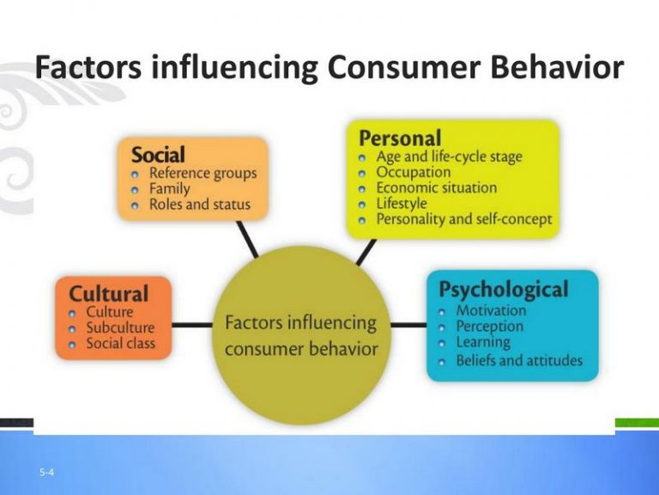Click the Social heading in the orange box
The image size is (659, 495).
click(x=157, y=155)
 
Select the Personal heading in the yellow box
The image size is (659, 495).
click(x=400, y=137)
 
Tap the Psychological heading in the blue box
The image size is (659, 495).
click(x=503, y=290)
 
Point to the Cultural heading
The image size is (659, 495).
click(x=108, y=293)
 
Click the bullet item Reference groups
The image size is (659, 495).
click(x=203, y=174)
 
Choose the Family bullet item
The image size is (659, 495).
click(x=170, y=189)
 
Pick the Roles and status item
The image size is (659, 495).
click(x=199, y=205)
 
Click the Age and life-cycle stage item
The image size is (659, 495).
click(x=449, y=156)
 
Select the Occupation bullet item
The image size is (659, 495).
click(x=414, y=172)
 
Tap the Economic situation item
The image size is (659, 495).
click(x=436, y=188)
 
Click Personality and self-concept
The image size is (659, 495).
click(x=464, y=220)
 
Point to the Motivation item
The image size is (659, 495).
click(x=491, y=310)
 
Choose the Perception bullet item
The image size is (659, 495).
click(x=489, y=327)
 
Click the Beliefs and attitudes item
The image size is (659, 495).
click(x=518, y=360)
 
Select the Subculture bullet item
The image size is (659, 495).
click(x=120, y=327)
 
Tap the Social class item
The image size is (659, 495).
click(x=121, y=344)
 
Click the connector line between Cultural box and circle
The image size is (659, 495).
click(x=191, y=325)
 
